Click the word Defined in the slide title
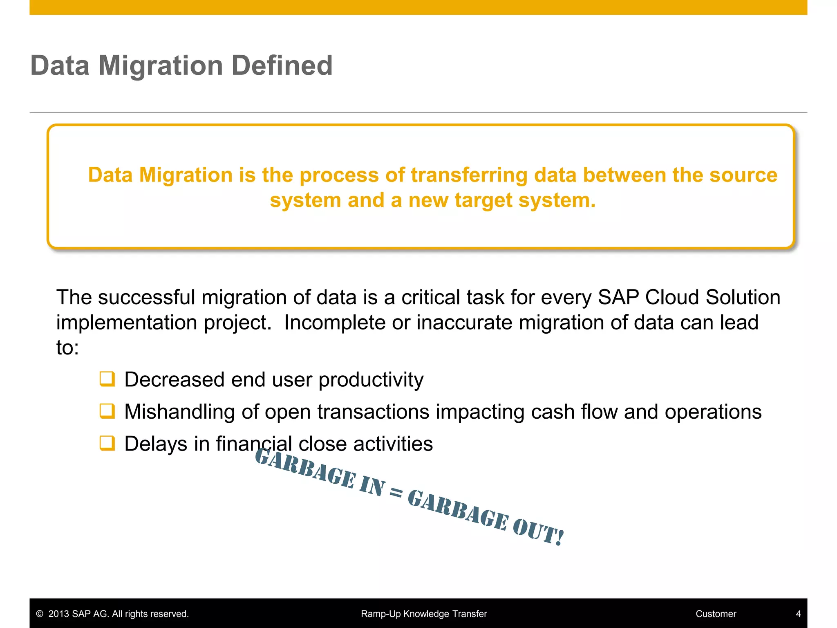(x=282, y=65)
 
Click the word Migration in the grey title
(x=161, y=65)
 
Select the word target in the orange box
(x=483, y=200)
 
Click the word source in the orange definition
(x=743, y=175)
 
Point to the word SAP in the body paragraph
(x=618, y=297)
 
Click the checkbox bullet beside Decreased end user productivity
(x=107, y=379)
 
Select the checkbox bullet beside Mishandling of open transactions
(x=107, y=411)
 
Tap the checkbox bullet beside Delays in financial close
(x=107, y=443)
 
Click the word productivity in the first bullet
(x=371, y=380)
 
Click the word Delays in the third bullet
(x=156, y=444)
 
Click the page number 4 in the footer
(x=798, y=614)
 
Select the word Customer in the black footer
(x=716, y=614)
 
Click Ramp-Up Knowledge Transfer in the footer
(x=424, y=614)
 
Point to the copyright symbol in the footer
(x=40, y=614)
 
